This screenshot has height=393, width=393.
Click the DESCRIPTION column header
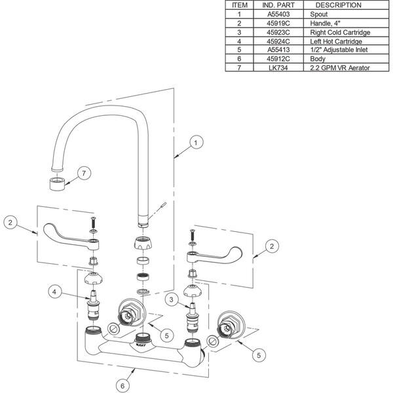338,5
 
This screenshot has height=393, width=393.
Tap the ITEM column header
240,5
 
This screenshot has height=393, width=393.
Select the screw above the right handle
192,233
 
